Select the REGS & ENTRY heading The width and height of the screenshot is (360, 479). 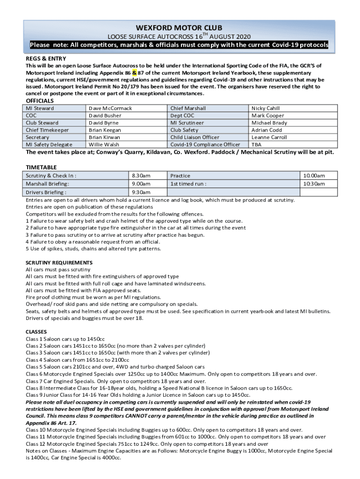pyautogui.click(x=43, y=58)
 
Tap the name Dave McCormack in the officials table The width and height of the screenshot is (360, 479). pyautogui.click(x=110, y=108)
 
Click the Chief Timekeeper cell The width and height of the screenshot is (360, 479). pyautogui.click(x=47, y=130)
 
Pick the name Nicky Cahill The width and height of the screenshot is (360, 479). pyautogui.click(x=266, y=108)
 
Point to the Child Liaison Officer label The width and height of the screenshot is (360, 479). pyautogui.click(x=194, y=138)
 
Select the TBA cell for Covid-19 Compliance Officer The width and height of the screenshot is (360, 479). pyautogui.click(x=257, y=145)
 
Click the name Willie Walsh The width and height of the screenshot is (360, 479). pyautogui.click(x=104, y=145)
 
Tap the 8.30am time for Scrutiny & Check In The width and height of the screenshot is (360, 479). pyautogui.click(x=141, y=175)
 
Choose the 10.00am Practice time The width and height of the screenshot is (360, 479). pyautogui.click(x=314, y=175)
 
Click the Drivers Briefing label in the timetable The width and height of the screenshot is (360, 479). pyautogui.click(x=46, y=192)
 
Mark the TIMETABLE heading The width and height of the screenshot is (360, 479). pyautogui.click(x=41, y=167)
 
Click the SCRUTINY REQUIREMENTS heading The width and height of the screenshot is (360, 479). pyautogui.click(x=59, y=262)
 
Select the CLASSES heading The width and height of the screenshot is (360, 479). pyautogui.click(x=37, y=332)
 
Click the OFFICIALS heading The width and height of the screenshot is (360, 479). pyautogui.click(x=40, y=101)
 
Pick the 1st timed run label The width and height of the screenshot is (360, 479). pyautogui.click(x=188, y=184)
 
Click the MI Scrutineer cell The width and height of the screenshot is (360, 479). pyautogui.click(x=187, y=123)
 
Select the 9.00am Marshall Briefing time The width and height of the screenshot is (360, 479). pyautogui.click(x=141, y=184)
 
